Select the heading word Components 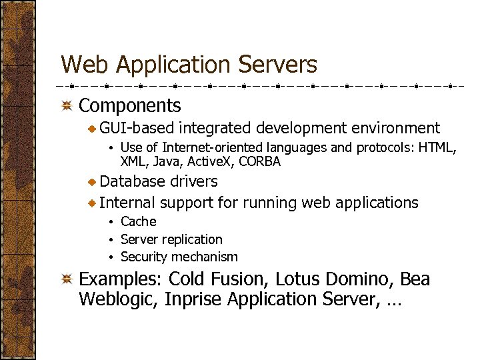pos(130,105)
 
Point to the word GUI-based pos(137,128)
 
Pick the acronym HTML pos(439,147)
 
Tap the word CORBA pos(260,161)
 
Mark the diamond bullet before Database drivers pos(93,181)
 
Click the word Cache pos(138,221)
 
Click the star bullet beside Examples pos(67,279)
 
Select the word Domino pos(363,279)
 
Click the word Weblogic pos(117,299)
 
